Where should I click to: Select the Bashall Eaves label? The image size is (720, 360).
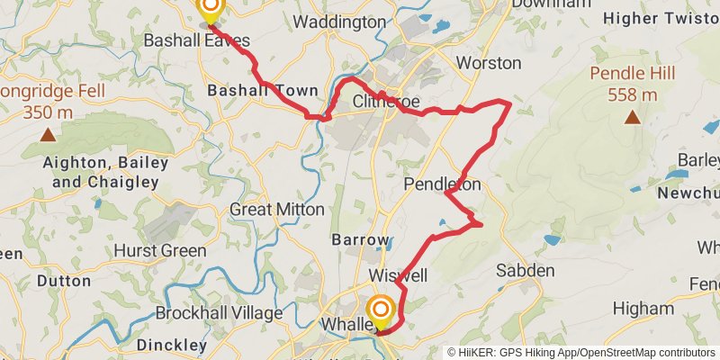click(x=197, y=40)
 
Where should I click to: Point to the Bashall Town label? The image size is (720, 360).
click(x=262, y=91)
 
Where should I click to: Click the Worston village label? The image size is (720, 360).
click(x=489, y=63)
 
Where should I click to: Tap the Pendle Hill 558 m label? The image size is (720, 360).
click(x=633, y=84)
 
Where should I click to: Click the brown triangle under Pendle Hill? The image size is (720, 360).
click(x=633, y=117)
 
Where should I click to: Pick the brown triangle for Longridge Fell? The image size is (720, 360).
click(x=47, y=135)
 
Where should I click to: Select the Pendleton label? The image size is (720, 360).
click(x=442, y=184)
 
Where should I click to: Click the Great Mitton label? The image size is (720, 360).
click(x=277, y=209)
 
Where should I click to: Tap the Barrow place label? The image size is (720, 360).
click(x=361, y=240)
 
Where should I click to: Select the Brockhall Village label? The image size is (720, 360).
click(x=219, y=313)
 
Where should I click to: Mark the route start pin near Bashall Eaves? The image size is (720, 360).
click(x=210, y=9)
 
